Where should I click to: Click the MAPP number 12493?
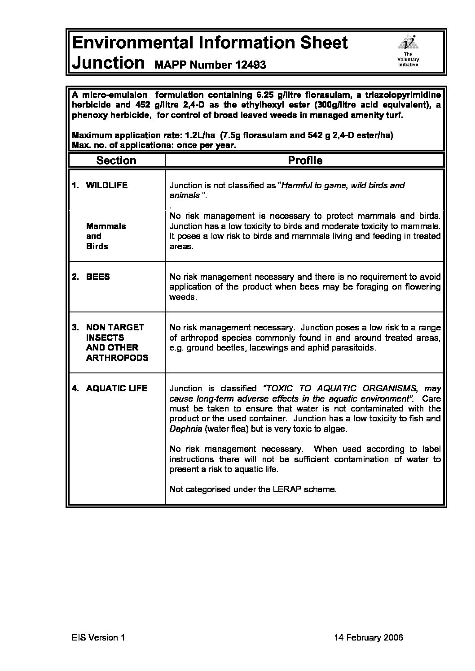(x=210, y=65)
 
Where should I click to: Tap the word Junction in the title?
(x=108, y=62)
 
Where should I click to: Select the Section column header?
(x=116, y=160)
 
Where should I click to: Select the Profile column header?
(x=305, y=160)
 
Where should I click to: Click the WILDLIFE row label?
(x=106, y=185)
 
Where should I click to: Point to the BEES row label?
(x=97, y=277)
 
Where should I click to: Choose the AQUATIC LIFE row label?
(x=116, y=388)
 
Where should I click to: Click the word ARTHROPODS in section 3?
(x=117, y=358)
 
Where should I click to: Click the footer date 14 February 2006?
(x=369, y=638)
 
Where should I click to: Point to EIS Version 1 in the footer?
(x=97, y=638)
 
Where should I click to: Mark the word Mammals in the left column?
(x=106, y=226)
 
